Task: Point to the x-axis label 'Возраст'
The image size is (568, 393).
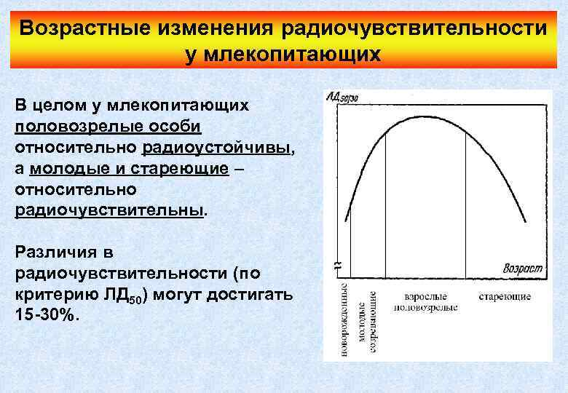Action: pyautogui.click(x=522, y=269)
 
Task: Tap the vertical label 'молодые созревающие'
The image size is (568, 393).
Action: pyautogui.click(x=368, y=321)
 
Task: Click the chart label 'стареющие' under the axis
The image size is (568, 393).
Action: pyautogui.click(x=505, y=297)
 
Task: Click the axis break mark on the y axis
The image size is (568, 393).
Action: pyautogui.click(x=336, y=266)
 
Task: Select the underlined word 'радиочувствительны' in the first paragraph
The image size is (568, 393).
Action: pyautogui.click(x=109, y=211)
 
